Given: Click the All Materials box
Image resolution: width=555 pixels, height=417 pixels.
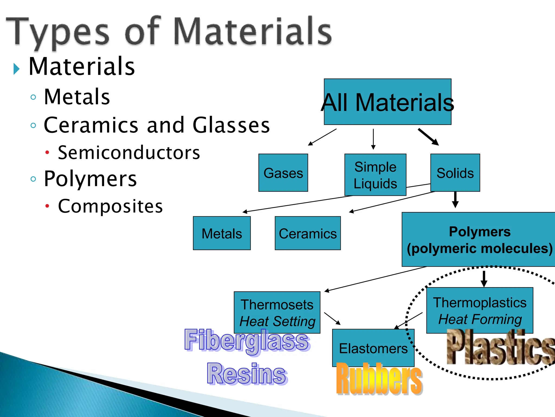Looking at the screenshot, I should [x=388, y=102].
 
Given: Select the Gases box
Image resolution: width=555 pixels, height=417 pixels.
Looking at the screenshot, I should [x=283, y=173].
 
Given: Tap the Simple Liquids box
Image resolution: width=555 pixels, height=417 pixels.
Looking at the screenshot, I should [x=375, y=175].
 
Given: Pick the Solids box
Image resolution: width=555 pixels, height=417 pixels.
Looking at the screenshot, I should [x=455, y=173].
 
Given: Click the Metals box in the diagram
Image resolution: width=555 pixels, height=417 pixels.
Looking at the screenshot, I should [x=222, y=233].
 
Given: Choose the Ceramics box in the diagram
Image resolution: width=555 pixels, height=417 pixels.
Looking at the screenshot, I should [x=308, y=233].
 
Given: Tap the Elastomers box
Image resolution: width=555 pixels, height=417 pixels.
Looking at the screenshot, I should [x=373, y=348].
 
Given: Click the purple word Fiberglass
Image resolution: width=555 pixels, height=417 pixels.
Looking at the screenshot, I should [x=247, y=341].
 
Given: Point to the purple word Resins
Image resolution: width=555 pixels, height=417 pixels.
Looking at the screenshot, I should [x=247, y=374].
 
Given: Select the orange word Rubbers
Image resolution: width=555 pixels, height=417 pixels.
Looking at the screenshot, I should [x=379, y=378].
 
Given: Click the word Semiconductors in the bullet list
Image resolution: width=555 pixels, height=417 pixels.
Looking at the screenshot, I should [x=129, y=153].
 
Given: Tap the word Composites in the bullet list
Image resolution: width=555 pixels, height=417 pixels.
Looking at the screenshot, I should [x=111, y=206].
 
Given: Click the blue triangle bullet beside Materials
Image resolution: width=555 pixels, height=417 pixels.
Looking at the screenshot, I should [x=17, y=69].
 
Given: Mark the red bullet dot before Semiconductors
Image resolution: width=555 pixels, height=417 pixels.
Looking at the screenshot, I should [x=47, y=152].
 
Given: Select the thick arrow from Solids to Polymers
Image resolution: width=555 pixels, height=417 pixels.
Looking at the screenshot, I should [x=455, y=200].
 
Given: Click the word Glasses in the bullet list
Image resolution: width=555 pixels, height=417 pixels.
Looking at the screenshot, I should [x=231, y=125].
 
